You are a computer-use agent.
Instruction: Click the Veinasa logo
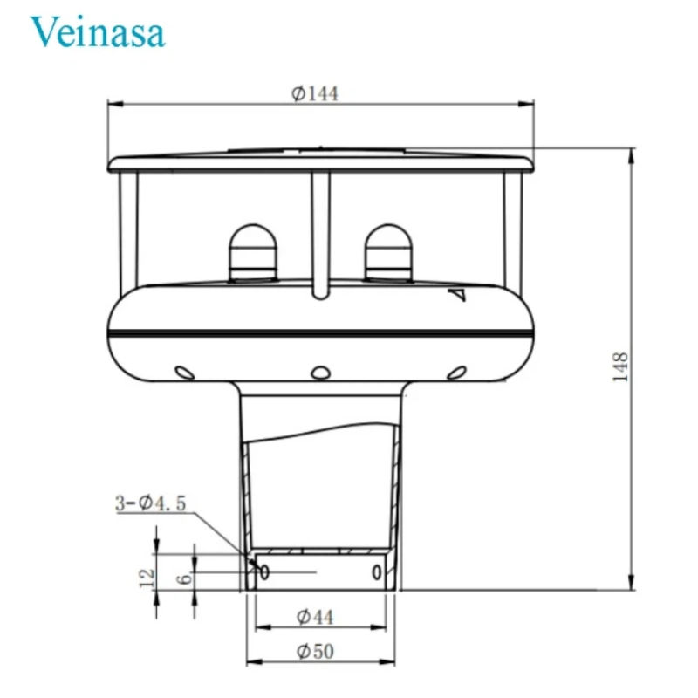click(x=98, y=31)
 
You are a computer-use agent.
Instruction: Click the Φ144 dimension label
click(x=315, y=93)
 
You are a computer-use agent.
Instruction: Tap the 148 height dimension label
click(x=620, y=366)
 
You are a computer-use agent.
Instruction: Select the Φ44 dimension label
click(x=315, y=617)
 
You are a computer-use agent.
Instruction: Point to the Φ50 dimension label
click(x=315, y=652)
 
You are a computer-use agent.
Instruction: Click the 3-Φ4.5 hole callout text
click(x=150, y=503)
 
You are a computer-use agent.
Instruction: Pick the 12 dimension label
click(x=147, y=578)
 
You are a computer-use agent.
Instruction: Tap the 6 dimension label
click(x=185, y=578)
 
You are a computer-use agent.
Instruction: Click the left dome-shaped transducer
click(x=253, y=253)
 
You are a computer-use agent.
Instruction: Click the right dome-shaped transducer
click(x=388, y=253)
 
